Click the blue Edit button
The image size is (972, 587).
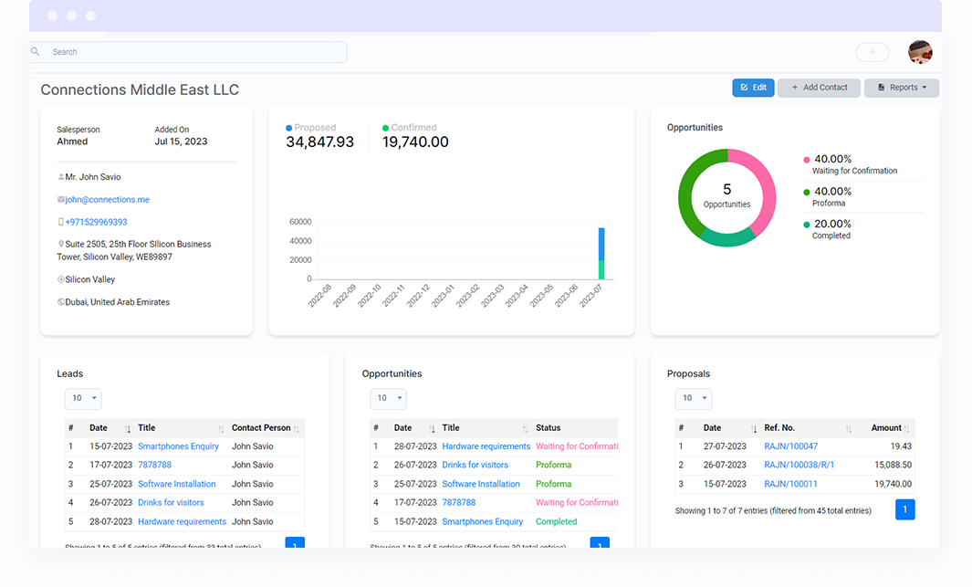tap(753, 88)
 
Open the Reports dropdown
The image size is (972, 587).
tap(901, 88)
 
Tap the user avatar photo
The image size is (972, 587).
tap(920, 52)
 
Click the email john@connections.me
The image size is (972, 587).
tap(107, 200)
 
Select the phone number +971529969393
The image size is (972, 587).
tap(96, 222)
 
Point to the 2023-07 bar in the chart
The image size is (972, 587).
tap(601, 253)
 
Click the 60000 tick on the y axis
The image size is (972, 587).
tap(300, 222)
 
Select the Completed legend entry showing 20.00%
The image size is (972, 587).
tap(831, 229)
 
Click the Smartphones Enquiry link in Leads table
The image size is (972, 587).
tap(178, 446)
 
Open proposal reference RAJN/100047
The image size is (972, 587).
tap(790, 446)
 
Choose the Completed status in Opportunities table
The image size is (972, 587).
tap(556, 522)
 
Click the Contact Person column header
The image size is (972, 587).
tap(261, 427)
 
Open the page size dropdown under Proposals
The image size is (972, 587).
tap(693, 398)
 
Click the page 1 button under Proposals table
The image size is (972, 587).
tap(904, 509)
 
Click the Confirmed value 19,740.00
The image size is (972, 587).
tap(415, 142)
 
